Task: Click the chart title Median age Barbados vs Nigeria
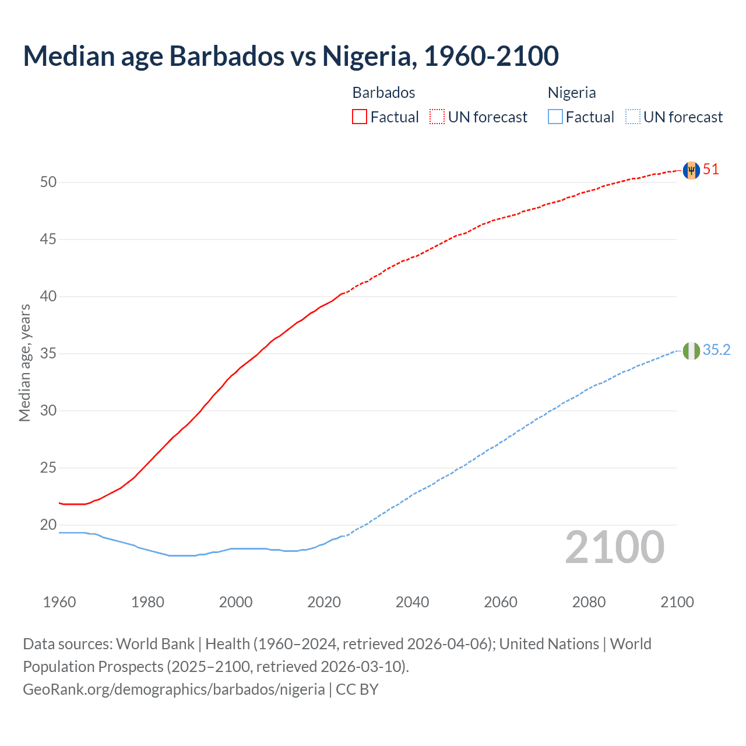(x=290, y=56)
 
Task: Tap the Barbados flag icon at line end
(x=691, y=170)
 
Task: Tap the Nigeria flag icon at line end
(x=691, y=351)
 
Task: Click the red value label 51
(x=710, y=170)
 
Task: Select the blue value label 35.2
(x=716, y=350)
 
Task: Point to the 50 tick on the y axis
(x=48, y=182)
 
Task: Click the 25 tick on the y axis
(x=48, y=468)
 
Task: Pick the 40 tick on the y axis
(x=48, y=297)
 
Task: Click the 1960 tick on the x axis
(x=59, y=602)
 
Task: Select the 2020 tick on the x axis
(x=324, y=602)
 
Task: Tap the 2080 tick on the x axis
(x=589, y=602)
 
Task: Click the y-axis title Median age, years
(x=24, y=363)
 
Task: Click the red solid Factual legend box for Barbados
(x=360, y=117)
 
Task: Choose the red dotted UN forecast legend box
(x=437, y=117)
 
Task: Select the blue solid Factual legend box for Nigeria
(x=555, y=117)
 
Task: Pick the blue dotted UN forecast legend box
(x=632, y=117)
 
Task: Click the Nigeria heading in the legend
(x=571, y=93)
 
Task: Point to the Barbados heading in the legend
(x=383, y=93)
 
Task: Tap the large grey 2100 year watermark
(x=614, y=547)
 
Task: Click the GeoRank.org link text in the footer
(x=174, y=689)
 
